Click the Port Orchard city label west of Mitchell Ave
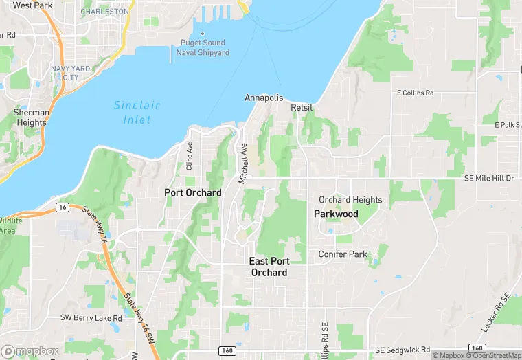(x=193, y=193)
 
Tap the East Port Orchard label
(x=269, y=267)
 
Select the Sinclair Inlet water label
(x=137, y=111)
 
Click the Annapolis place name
(x=264, y=98)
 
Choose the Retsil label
(x=302, y=108)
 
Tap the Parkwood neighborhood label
(x=336, y=214)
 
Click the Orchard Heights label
(x=350, y=200)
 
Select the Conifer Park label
(x=343, y=254)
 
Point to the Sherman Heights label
(x=32, y=117)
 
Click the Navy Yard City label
(x=69, y=73)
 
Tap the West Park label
(x=32, y=5)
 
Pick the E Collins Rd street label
(x=416, y=93)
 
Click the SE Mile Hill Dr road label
(x=489, y=178)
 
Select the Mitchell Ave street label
(x=242, y=163)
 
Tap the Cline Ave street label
(x=189, y=156)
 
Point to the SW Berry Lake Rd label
(x=91, y=318)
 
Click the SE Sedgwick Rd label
(x=403, y=350)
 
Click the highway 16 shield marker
(x=62, y=207)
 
